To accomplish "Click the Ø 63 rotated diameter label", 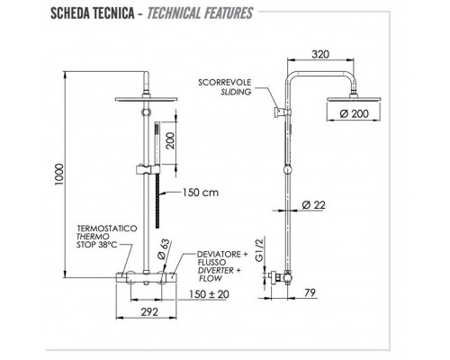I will tap(166, 247).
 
